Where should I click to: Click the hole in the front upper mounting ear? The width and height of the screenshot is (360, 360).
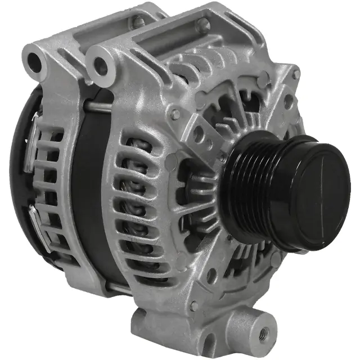pyautogui.click(x=101, y=66)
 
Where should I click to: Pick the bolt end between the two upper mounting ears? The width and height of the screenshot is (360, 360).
pyautogui.click(x=138, y=22)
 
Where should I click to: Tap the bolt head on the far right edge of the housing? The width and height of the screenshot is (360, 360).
pyautogui.click(x=296, y=74)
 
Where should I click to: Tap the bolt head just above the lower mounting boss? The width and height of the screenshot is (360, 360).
pyautogui.click(x=194, y=306)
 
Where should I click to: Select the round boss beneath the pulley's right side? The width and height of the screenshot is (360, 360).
pyautogui.click(x=276, y=259)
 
